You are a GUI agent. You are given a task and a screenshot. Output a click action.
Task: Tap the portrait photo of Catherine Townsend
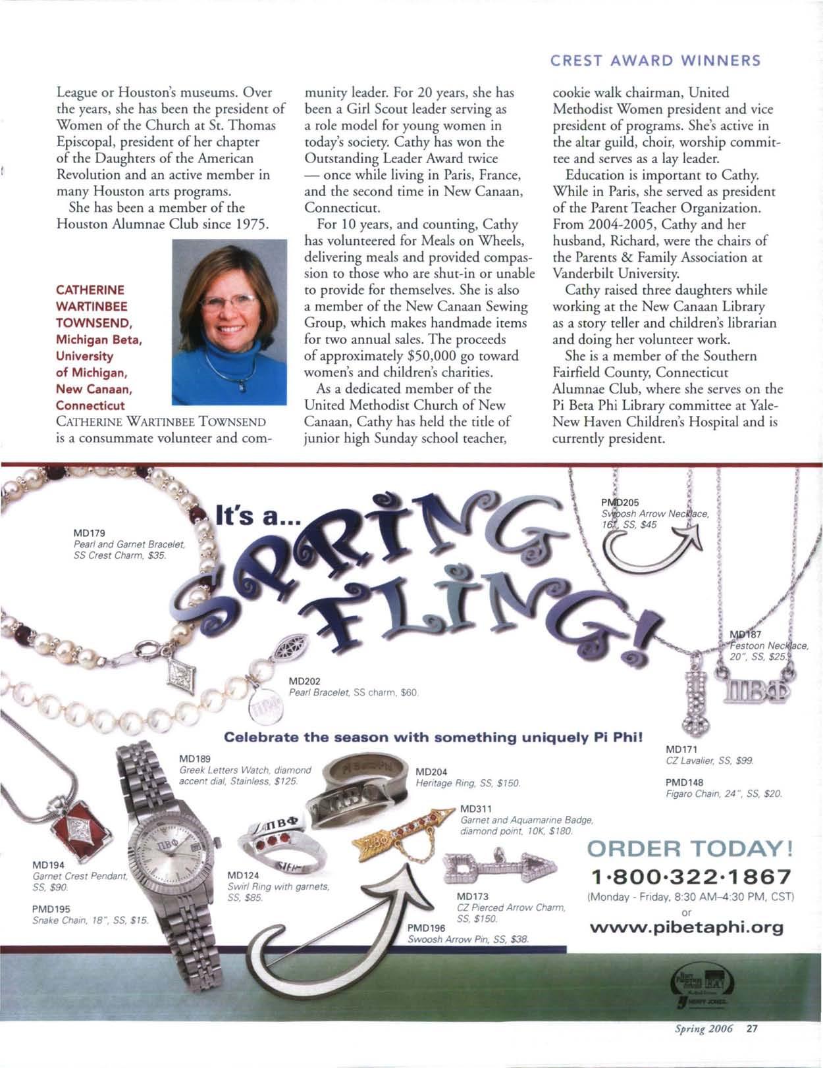(x=229, y=322)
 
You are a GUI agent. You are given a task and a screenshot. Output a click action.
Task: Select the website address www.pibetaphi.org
(x=687, y=928)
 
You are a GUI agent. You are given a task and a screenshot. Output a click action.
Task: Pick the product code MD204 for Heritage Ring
(x=431, y=772)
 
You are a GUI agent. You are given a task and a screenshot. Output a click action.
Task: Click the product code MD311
(x=475, y=808)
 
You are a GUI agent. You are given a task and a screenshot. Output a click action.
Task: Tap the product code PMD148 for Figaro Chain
(x=685, y=782)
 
